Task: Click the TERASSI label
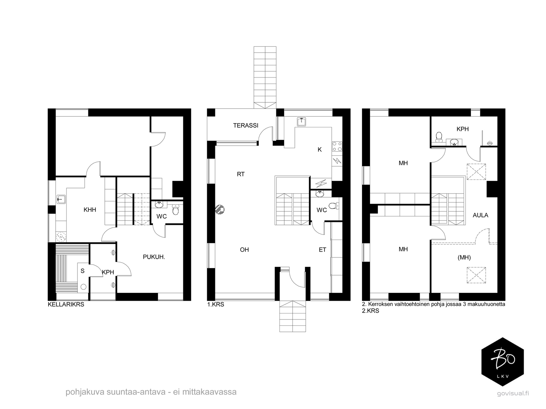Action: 245,125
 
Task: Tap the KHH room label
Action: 90,210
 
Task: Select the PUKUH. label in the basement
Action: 154,257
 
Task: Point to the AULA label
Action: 480,215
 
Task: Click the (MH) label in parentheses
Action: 464,257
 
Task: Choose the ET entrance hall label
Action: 322,250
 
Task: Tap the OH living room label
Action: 244,250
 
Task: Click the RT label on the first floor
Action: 241,174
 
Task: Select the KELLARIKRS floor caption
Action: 66,305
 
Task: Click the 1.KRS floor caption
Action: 216,305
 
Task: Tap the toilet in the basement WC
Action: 176,210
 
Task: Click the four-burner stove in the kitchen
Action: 337,146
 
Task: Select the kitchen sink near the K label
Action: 301,122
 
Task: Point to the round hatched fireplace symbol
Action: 220,209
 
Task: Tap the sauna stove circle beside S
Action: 83,287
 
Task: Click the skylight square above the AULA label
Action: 476,171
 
